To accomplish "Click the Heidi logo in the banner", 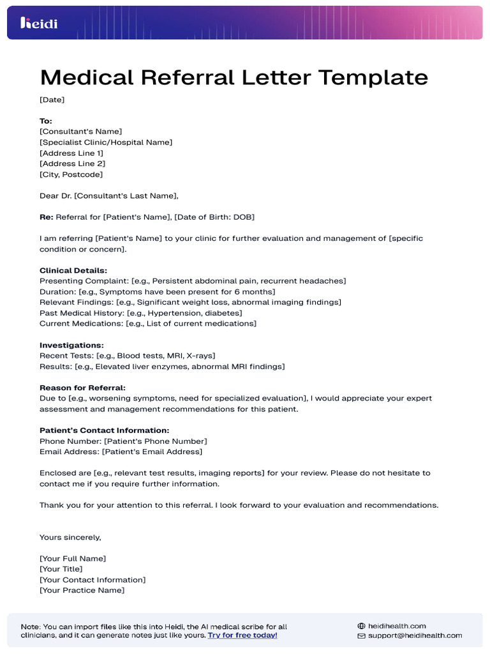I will coord(39,24).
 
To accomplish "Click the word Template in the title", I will coord(373,78).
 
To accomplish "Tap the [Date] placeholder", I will coord(52,100).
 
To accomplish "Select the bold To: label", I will coord(46,121).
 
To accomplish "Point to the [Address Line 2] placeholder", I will coord(72,163).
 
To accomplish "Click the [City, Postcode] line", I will coord(71,174).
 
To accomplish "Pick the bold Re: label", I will coord(47,217).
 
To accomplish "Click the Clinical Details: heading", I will coord(73,270).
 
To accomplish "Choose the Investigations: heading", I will coord(71,345).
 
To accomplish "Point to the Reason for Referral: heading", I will coord(82,388).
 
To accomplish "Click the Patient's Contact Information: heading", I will coord(104,430).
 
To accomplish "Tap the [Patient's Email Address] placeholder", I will coord(152,452).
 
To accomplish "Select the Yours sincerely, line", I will coord(70,537).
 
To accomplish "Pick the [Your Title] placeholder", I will coord(61,569).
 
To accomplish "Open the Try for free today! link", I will coord(242,635).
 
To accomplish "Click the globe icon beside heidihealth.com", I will coord(361,627).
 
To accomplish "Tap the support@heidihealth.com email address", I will coord(415,636).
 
